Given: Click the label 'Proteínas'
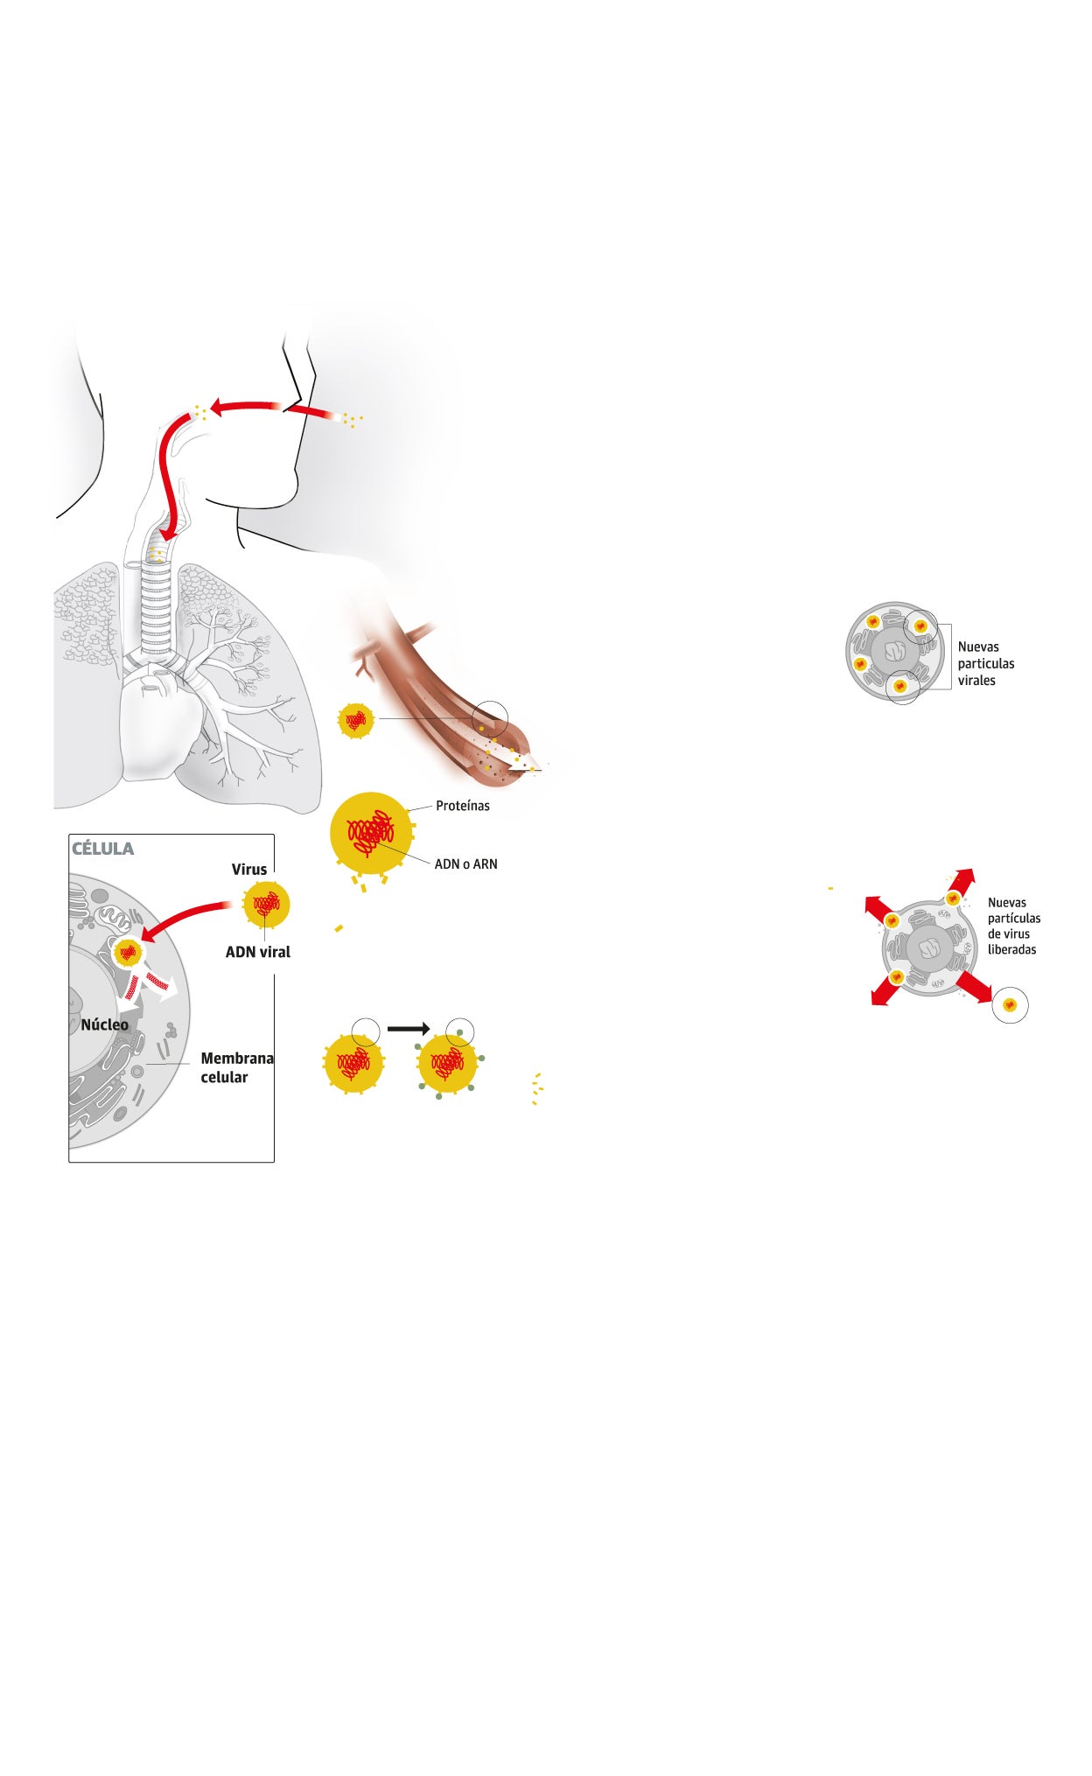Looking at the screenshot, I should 462,806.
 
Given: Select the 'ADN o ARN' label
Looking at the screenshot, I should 465,864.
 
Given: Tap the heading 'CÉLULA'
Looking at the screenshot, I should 102,849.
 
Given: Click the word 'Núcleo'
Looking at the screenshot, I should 104,1024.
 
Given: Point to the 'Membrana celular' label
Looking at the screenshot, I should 236,1067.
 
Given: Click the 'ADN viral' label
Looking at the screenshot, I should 257,952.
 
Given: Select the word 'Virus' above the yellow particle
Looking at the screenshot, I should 248,869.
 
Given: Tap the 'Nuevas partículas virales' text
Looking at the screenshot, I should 984,663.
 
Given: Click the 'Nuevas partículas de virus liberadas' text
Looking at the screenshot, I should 1013,926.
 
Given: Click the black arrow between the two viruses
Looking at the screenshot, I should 408,1029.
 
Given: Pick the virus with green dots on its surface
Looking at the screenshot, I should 448,1064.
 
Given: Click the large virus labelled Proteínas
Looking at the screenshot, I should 371,833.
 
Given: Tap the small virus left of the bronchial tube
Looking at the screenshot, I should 356,720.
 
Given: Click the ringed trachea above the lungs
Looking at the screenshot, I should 157,604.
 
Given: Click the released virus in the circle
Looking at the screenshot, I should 1010,1006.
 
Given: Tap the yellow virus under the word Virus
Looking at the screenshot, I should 266,904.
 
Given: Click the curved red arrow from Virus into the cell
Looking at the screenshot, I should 188,915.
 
